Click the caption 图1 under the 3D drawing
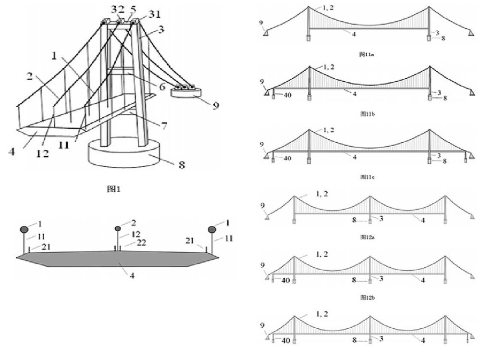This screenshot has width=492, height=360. (114, 189)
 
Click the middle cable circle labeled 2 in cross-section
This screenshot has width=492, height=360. (118, 229)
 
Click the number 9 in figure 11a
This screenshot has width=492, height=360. (261, 22)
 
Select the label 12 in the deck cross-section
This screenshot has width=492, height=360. (137, 234)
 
